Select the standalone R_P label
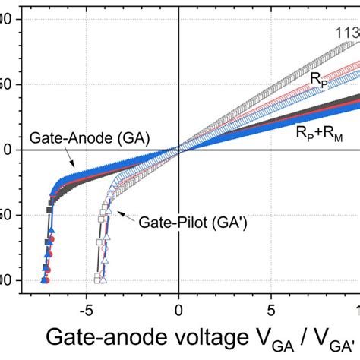point(318,78)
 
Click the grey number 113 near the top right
point(346,33)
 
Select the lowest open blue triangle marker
point(108,279)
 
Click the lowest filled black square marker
point(45,279)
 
